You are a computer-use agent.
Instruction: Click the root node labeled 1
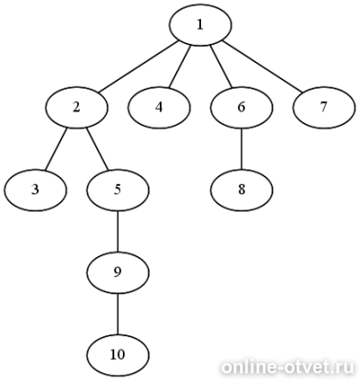pos(200,25)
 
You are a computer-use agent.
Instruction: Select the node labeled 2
pos(76,108)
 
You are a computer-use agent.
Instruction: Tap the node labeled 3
pos(35,190)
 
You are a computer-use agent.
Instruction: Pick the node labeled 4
pos(159,108)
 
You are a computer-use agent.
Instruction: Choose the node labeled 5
pos(118,190)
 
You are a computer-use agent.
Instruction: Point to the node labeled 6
pos(241,108)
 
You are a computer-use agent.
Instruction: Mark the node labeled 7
pos(324,108)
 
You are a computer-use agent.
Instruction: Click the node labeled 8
pos(241,190)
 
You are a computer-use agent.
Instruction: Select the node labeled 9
pos(118,272)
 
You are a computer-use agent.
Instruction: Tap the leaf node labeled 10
pos(118,354)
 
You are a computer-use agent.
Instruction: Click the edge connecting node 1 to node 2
pos(138,67)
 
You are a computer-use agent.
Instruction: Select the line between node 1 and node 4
pos(179,67)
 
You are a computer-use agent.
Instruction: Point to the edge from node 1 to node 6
pos(221,67)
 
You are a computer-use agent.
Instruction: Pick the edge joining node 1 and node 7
pos(262,67)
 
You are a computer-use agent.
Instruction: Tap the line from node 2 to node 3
pos(56,149)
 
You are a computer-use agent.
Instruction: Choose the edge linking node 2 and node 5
pos(97,149)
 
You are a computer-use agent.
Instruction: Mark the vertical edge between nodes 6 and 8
pos(241,149)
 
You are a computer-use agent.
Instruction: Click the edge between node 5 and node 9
pos(118,231)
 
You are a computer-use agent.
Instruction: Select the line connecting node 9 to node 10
pos(118,313)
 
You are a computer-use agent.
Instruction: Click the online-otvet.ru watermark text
pos(288,368)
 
